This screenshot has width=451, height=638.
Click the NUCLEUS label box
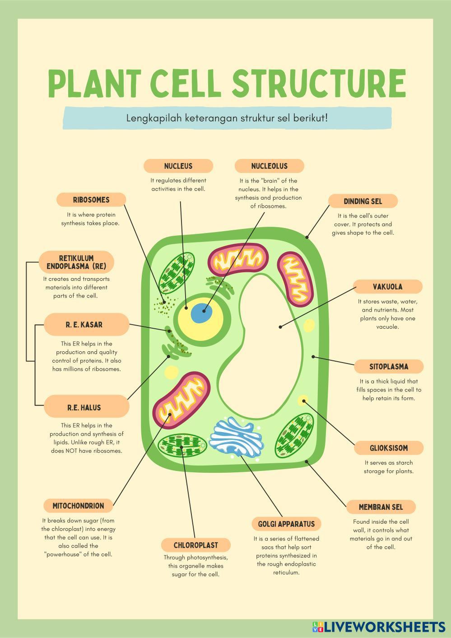click(178, 166)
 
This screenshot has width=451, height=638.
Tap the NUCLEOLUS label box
click(269, 166)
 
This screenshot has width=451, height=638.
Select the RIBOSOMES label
click(91, 200)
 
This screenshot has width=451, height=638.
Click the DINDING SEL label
click(363, 201)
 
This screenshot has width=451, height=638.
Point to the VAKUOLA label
click(387, 287)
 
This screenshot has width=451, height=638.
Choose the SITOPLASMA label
click(388, 366)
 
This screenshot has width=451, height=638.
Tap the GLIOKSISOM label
click(389, 448)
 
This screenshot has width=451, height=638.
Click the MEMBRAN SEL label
click(381, 507)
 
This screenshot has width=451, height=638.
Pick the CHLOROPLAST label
click(195, 545)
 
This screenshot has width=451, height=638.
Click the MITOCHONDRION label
click(78, 506)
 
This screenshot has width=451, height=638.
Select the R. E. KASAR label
click(86, 325)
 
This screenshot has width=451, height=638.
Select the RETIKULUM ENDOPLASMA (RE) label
click(76, 262)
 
